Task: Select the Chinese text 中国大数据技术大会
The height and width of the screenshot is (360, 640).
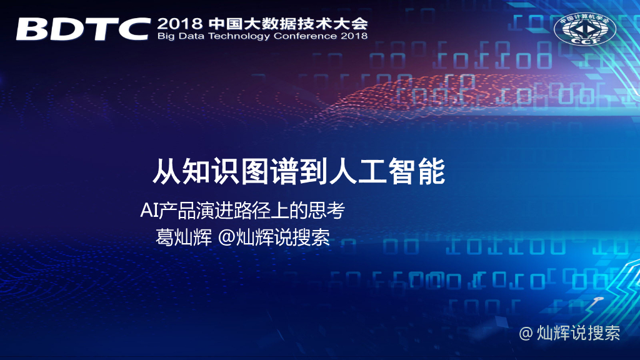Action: click(288, 24)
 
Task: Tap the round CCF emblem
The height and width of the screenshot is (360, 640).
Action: click(585, 29)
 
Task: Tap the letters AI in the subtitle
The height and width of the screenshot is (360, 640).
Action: click(149, 211)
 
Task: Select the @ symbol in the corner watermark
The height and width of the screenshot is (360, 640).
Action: click(527, 333)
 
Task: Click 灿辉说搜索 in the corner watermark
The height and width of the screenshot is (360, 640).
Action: click(579, 333)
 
